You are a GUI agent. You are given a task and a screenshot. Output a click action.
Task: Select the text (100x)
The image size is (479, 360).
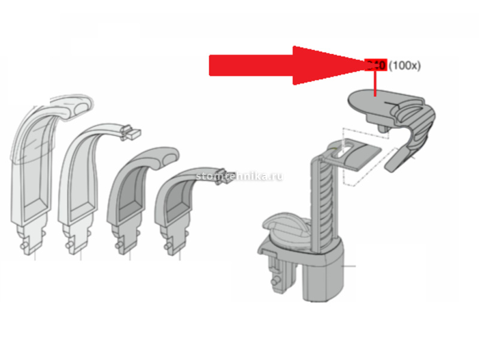[405, 65]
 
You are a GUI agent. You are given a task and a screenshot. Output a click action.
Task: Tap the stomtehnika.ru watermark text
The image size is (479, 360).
[239, 176]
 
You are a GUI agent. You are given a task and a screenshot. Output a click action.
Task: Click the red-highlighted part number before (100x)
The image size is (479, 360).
[376, 65]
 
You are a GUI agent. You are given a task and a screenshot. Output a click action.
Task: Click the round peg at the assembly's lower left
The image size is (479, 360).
[277, 280]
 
